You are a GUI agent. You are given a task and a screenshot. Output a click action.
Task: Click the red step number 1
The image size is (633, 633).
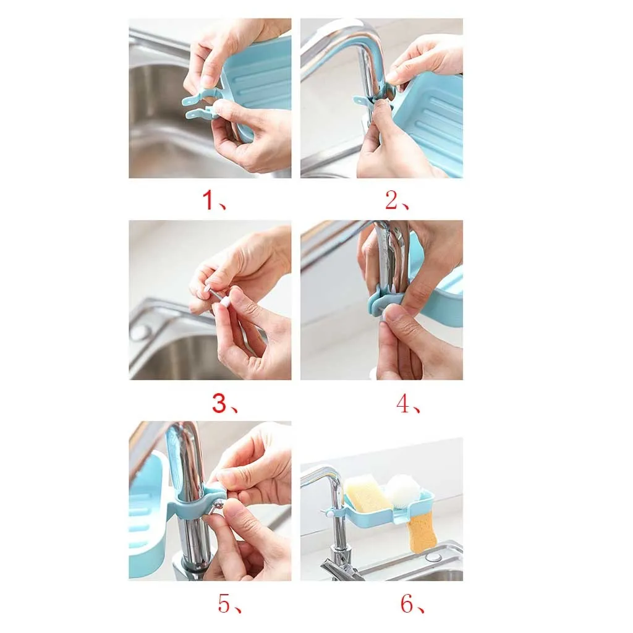(208, 200)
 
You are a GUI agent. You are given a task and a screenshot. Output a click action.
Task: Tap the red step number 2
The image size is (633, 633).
(392, 200)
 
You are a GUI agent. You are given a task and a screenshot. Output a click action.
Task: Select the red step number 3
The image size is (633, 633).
(219, 403)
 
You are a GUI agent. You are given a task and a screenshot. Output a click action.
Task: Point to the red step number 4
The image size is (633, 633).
(403, 403)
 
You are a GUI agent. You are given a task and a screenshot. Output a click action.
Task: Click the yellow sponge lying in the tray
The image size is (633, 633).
(368, 493)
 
